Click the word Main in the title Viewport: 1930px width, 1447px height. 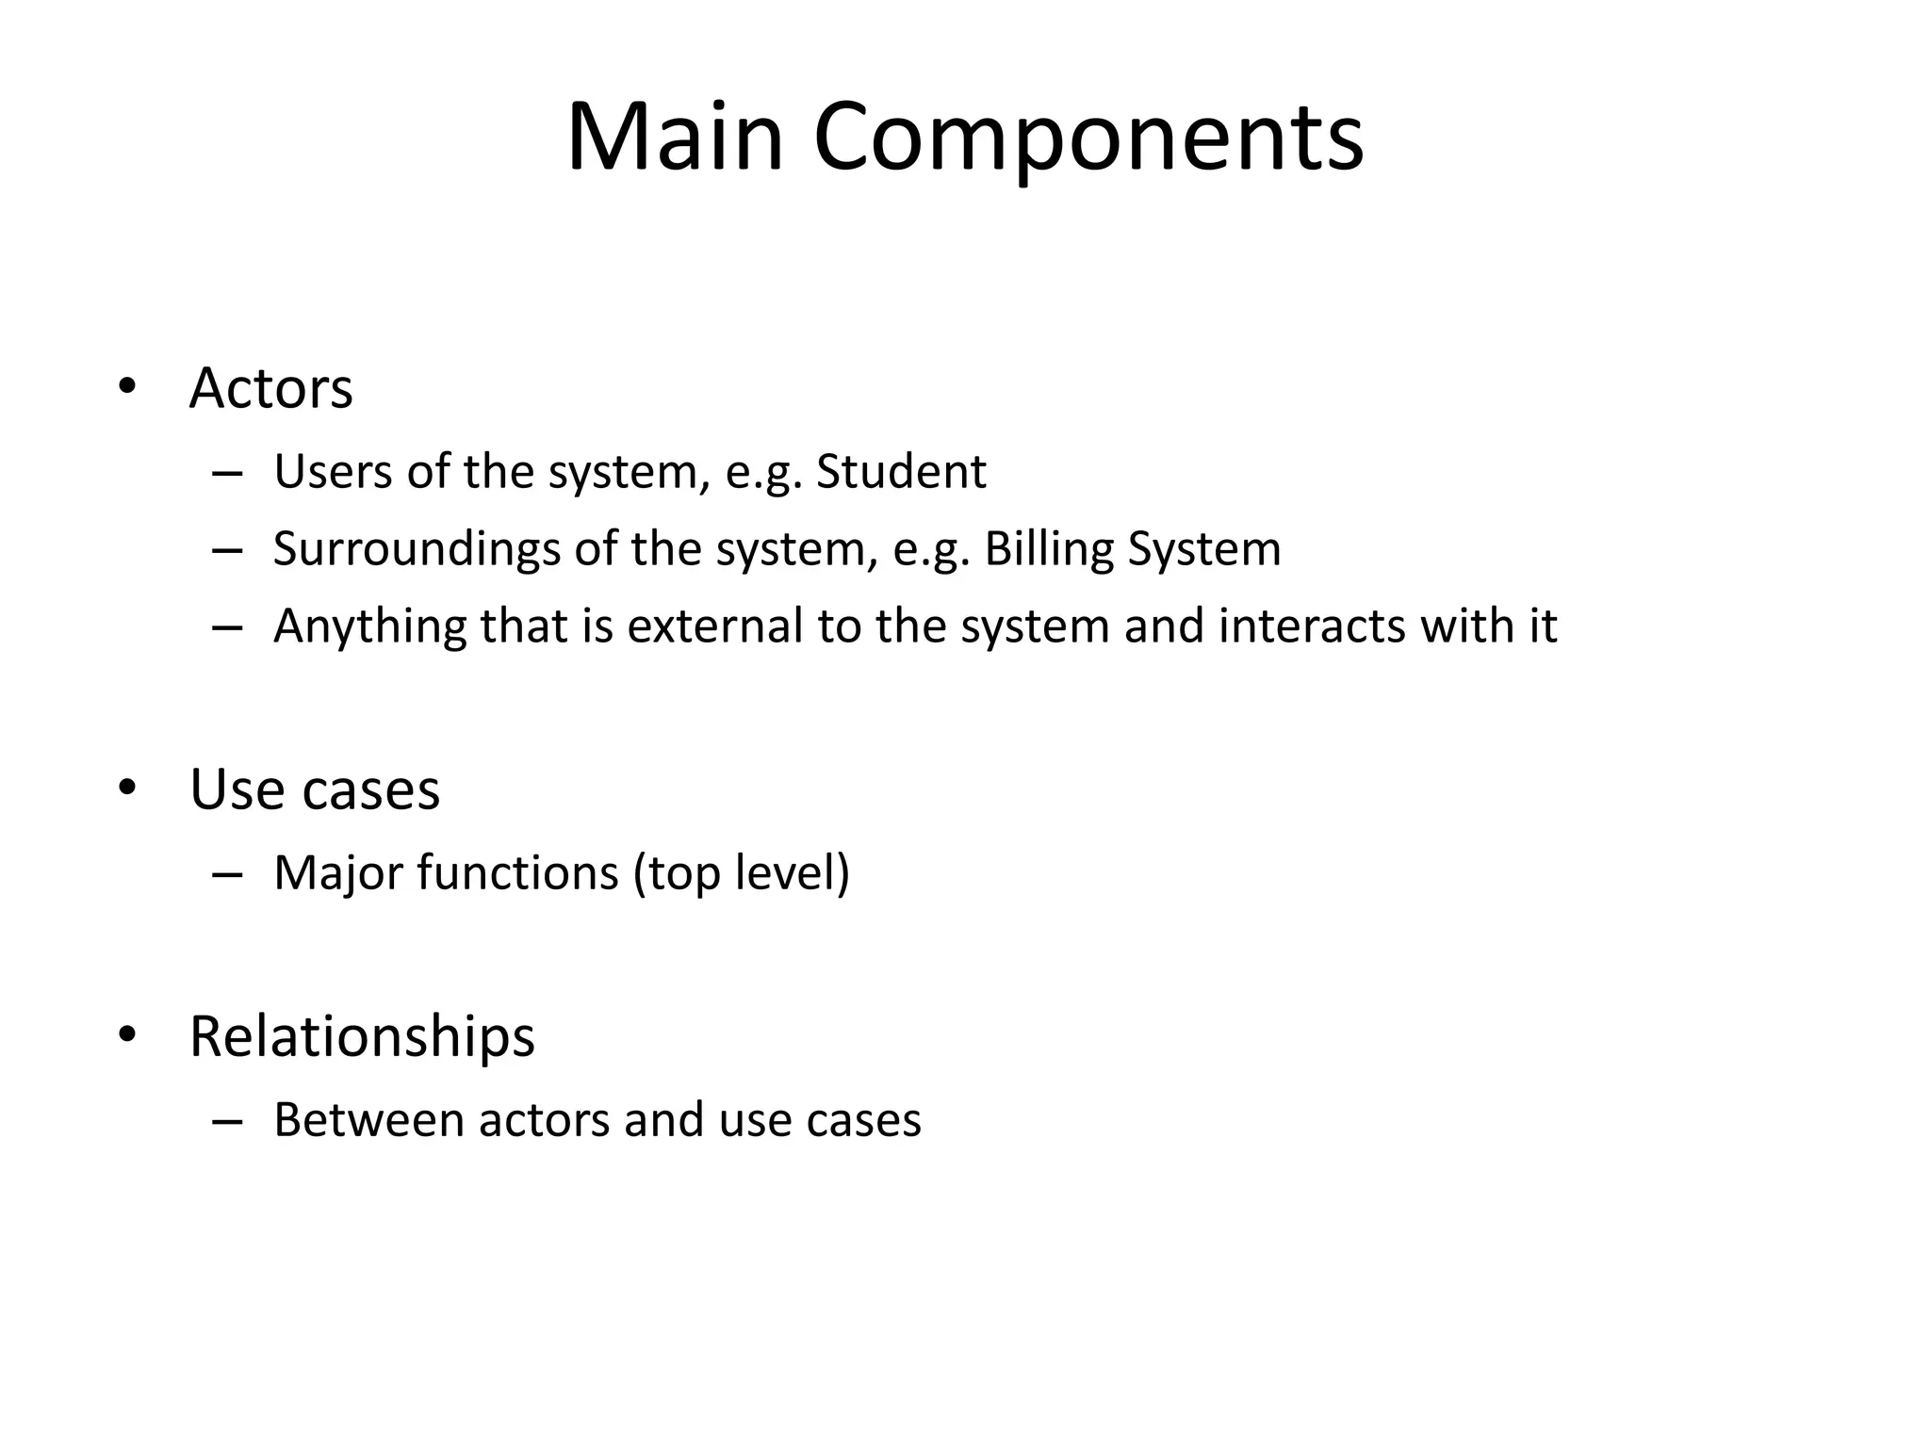point(675,138)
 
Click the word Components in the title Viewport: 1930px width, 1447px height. point(1088,138)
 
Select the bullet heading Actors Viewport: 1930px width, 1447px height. point(270,387)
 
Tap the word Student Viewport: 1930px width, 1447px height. point(901,471)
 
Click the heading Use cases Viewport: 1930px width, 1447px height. point(315,789)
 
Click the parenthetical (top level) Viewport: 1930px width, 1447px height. point(742,872)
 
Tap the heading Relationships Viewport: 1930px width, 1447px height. point(362,1036)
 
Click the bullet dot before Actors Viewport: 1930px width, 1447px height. point(127,387)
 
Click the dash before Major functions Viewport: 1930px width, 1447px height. point(227,875)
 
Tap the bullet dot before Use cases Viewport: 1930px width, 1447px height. point(127,789)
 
